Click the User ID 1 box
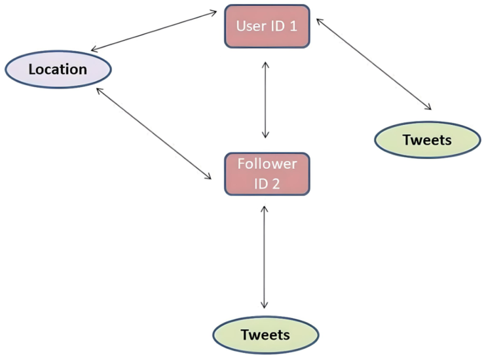[x=267, y=26]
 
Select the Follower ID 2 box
[x=267, y=174]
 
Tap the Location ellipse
[x=58, y=69]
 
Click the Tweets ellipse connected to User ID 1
[x=428, y=139]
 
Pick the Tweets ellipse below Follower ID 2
[x=266, y=334]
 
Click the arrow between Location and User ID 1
[x=154, y=31]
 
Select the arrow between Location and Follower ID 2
[x=154, y=134]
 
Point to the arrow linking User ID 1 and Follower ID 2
[x=265, y=99]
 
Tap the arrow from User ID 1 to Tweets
[x=374, y=64]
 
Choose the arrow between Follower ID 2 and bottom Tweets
[x=264, y=257]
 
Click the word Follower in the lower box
[x=267, y=164]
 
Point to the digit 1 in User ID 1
[x=293, y=26]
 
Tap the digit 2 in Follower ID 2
[x=276, y=184]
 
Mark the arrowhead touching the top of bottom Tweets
[x=264, y=305]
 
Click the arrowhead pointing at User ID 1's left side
[x=213, y=12]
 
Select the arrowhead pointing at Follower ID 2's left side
[x=208, y=176]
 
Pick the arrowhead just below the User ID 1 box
[x=265, y=65]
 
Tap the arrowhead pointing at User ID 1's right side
[x=320, y=22]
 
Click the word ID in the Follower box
[x=261, y=184]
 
